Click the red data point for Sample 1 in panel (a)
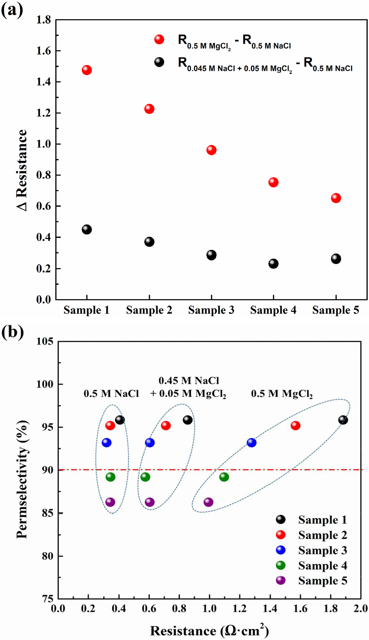(x=87, y=70)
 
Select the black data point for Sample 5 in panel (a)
(x=336, y=259)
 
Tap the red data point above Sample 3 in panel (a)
(x=211, y=150)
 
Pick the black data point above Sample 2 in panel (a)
(x=149, y=242)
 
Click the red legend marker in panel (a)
(x=159, y=40)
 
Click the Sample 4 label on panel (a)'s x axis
(x=273, y=310)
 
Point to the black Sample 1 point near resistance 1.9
(x=343, y=420)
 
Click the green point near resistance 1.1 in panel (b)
(x=224, y=477)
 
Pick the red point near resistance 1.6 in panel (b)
(x=296, y=425)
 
